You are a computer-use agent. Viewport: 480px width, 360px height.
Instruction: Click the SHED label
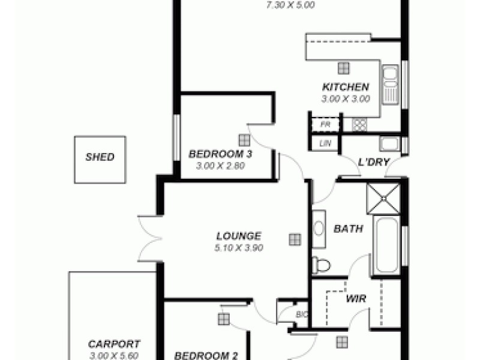point(100,158)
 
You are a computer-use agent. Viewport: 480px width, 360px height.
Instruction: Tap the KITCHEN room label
point(346,87)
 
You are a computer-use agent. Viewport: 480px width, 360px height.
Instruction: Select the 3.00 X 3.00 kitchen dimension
point(346,99)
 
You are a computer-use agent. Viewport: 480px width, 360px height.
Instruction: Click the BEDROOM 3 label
point(220,154)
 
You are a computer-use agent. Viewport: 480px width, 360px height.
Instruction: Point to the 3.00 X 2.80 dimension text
point(220,166)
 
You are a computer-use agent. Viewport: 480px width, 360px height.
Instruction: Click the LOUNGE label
point(239,236)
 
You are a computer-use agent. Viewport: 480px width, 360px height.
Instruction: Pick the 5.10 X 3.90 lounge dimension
point(239,247)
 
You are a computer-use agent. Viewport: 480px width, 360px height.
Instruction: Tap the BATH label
point(348,229)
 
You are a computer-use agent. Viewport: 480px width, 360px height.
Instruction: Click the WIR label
point(355,298)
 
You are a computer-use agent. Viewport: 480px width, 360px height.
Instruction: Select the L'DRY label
point(374,162)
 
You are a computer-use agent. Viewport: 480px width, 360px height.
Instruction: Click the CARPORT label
point(114,344)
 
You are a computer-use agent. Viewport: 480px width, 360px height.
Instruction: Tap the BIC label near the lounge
point(301,314)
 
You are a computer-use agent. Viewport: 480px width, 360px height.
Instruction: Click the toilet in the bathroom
point(321,265)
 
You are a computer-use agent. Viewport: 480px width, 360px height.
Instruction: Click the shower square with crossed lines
point(383,199)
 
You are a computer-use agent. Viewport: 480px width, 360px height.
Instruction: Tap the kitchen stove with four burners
point(359,125)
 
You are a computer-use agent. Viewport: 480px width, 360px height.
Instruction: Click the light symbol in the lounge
point(294,239)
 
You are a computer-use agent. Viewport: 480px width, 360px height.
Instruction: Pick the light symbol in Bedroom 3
point(244,140)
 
